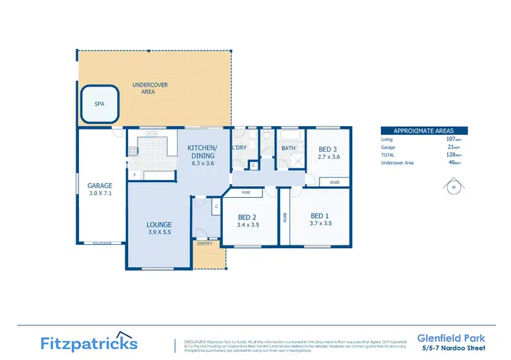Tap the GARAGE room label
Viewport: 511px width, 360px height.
point(99,185)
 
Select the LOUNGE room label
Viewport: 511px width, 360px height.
point(159,224)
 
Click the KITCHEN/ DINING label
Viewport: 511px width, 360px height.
point(202,151)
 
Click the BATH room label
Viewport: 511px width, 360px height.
point(288,147)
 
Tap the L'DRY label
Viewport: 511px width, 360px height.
point(240,147)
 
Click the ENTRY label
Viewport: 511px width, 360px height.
point(204,243)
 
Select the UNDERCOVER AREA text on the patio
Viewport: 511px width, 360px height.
point(150,89)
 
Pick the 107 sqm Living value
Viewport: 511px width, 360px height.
point(451,139)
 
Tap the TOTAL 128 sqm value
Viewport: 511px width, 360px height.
point(451,155)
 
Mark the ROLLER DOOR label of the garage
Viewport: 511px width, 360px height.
point(93,243)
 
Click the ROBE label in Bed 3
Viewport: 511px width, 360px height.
point(335,182)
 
